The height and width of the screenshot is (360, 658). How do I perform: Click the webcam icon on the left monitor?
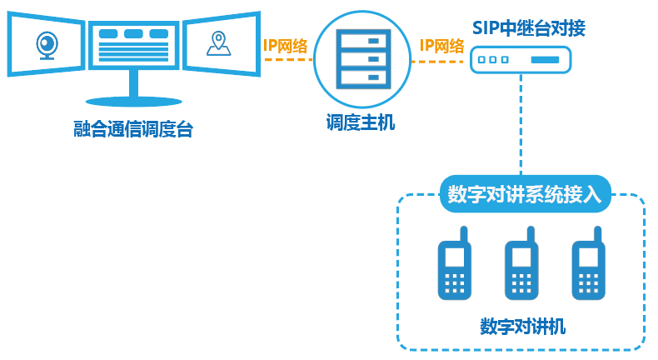[48, 43]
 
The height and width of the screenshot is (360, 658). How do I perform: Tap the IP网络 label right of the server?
[441, 46]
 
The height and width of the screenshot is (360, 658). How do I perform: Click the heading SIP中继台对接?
[522, 27]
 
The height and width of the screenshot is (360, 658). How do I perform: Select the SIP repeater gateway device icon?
[521, 60]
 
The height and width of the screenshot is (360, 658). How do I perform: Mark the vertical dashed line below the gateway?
[521, 125]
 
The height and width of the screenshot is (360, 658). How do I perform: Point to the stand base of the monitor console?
[133, 101]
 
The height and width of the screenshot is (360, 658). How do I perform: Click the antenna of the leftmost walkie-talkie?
[464, 234]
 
